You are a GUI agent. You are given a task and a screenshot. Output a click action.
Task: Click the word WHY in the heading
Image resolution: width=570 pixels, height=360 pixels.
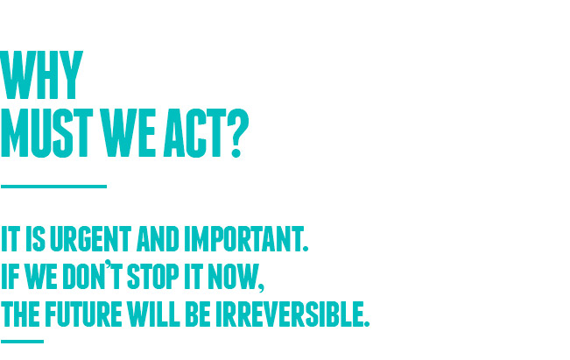[42, 75]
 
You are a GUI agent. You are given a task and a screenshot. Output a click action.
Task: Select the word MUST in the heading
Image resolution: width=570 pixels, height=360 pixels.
[47, 133]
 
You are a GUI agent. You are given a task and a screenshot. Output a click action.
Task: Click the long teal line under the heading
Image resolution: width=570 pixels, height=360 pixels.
[53, 187]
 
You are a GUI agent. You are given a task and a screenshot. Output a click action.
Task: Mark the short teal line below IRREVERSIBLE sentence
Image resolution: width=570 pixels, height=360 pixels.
[22, 342]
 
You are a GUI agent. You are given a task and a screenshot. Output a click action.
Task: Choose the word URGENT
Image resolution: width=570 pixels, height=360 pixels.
[90, 239]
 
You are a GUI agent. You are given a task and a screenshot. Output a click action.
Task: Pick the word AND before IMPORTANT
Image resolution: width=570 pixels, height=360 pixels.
[158, 239]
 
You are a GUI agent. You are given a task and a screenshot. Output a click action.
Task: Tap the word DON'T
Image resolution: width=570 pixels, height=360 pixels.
[93, 275]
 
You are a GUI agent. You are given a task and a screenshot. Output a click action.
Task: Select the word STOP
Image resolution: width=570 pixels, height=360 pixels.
[152, 277]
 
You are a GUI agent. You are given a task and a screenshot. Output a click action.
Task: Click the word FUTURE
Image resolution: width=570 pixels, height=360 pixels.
[83, 314]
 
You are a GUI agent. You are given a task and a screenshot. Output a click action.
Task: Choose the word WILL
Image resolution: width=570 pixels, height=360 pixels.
[153, 314]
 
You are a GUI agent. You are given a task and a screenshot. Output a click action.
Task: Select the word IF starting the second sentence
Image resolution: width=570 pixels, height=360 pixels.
[10, 277]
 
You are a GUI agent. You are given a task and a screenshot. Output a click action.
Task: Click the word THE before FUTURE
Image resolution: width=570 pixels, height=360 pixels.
[20, 314]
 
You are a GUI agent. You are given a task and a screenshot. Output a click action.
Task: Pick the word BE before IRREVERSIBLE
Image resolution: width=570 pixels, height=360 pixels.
[198, 314]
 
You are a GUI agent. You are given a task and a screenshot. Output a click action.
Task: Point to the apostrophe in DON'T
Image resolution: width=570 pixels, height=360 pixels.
[108, 264]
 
